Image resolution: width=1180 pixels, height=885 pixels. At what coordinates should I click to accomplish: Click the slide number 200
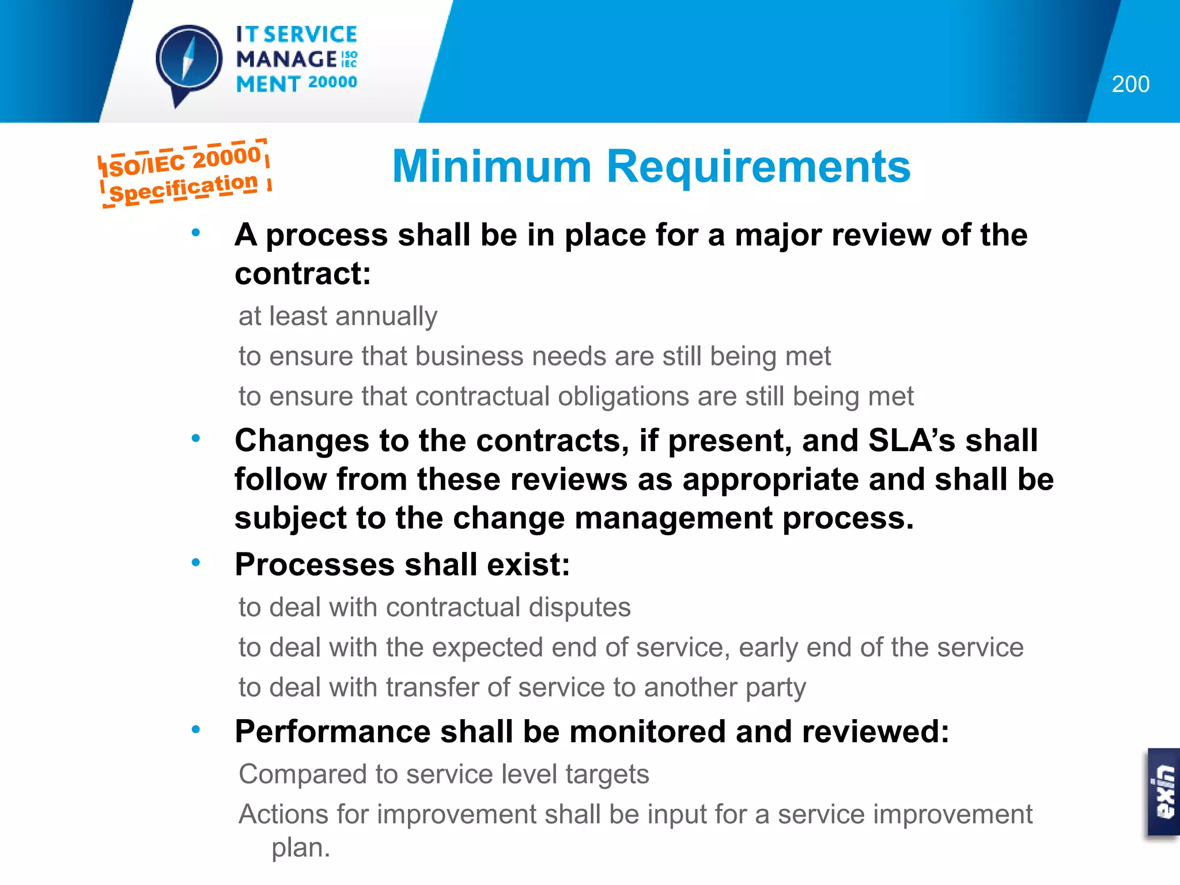(1130, 85)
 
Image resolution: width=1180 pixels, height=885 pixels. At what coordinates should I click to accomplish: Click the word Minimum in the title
(491, 167)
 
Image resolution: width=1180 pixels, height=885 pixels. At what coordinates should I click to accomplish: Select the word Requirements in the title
(758, 167)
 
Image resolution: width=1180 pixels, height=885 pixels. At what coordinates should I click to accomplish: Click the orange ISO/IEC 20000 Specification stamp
(184, 173)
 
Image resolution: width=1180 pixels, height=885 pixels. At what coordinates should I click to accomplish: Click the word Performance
(332, 732)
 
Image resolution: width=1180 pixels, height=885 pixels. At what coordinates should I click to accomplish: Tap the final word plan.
(300, 848)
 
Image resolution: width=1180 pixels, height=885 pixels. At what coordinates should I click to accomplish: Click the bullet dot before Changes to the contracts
(196, 438)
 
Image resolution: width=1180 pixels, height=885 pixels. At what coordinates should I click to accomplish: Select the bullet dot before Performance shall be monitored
(196, 729)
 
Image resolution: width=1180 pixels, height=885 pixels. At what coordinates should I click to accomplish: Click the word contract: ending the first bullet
(302, 273)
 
